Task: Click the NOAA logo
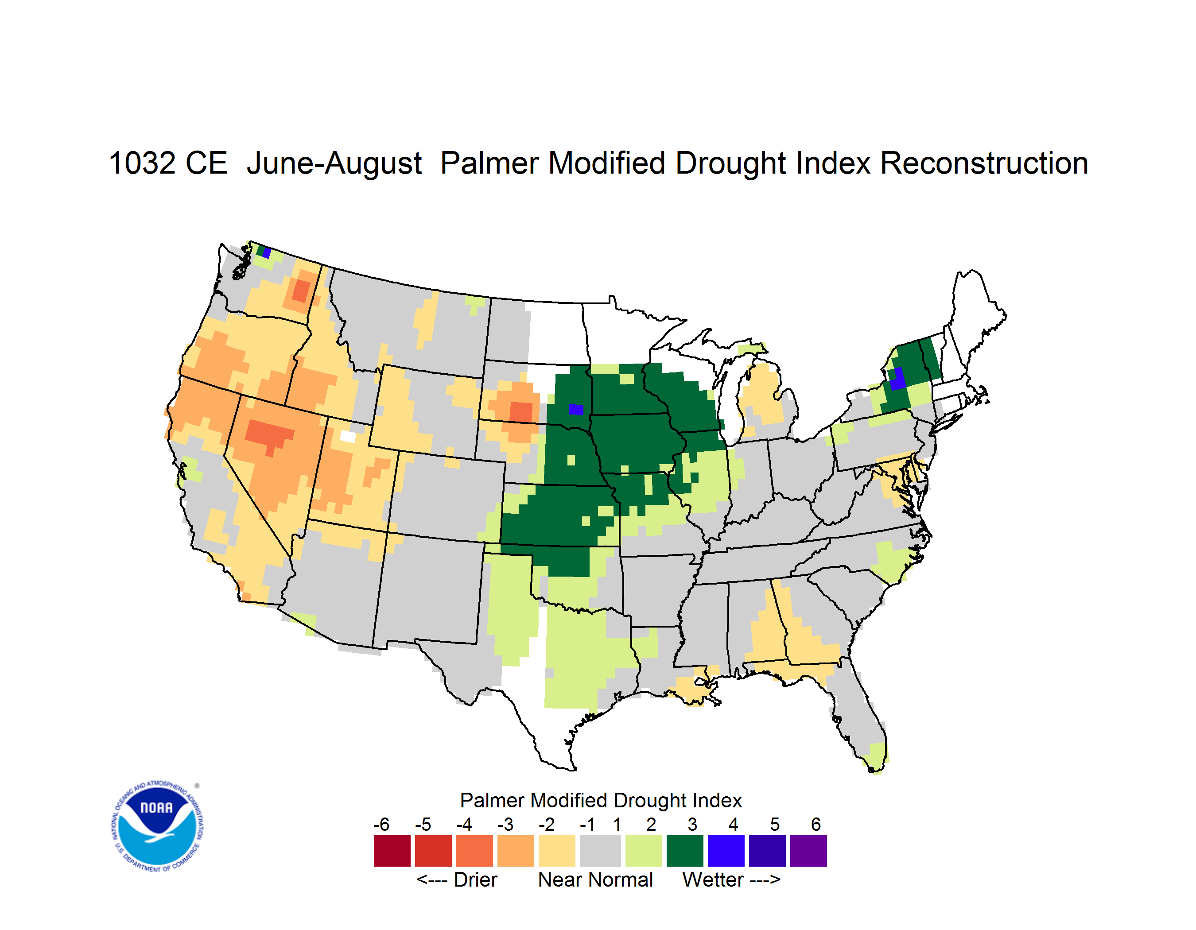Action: (x=157, y=826)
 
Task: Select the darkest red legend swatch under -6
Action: (x=392, y=851)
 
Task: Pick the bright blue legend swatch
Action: (x=726, y=851)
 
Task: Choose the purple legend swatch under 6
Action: (x=808, y=851)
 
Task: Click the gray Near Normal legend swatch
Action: (x=600, y=851)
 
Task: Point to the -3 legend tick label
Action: (x=505, y=824)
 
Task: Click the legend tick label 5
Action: (x=774, y=824)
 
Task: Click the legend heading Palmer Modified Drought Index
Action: (x=601, y=800)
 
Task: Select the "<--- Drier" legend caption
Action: (x=457, y=880)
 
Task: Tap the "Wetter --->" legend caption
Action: (x=731, y=880)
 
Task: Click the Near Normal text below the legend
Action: (x=595, y=880)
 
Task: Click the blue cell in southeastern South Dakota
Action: (x=575, y=409)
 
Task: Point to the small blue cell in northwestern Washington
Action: (x=267, y=253)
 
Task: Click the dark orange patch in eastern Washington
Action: (x=301, y=290)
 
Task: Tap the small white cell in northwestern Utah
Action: (x=348, y=436)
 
